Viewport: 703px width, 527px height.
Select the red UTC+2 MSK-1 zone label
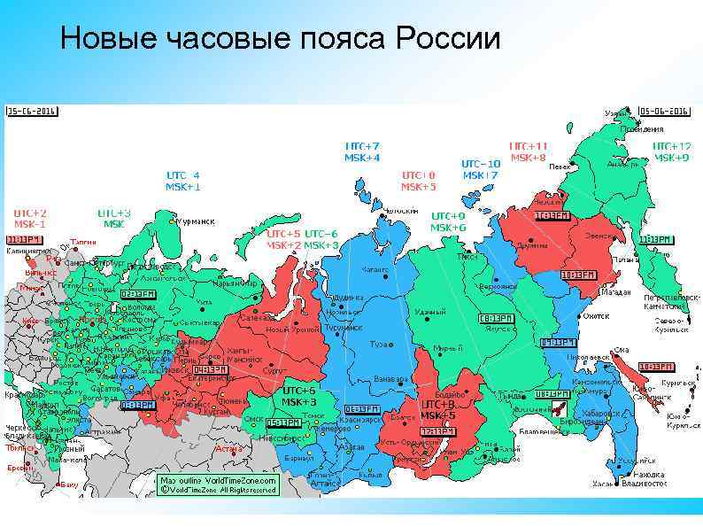coord(30,219)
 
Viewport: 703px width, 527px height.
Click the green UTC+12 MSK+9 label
coord(671,151)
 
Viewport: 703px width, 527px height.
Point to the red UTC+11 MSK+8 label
coord(528,151)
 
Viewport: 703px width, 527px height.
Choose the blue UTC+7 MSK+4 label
coord(362,151)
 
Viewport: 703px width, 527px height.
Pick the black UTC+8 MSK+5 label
coord(438,409)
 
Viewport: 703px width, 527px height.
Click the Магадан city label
coord(615,291)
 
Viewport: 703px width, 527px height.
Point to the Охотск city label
coord(596,315)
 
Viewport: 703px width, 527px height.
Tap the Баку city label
coord(70,484)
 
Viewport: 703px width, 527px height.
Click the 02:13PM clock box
coord(137,293)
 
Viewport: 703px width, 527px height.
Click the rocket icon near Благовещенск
coord(560,408)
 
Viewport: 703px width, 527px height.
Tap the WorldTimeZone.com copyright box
coord(217,484)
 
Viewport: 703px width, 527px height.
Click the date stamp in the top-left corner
coord(32,112)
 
